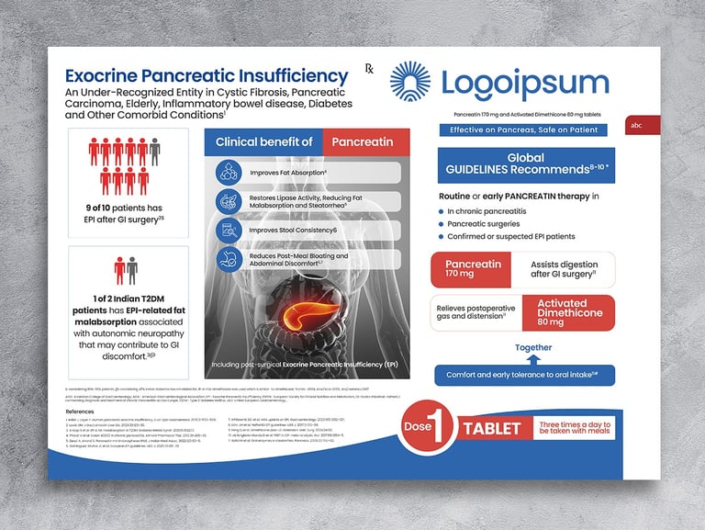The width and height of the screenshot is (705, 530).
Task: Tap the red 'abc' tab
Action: point(635,126)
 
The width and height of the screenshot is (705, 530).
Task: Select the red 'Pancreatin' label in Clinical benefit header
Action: point(362,141)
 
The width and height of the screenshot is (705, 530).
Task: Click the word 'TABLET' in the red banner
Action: point(492,428)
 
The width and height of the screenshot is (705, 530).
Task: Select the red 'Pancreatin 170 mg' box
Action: point(473,269)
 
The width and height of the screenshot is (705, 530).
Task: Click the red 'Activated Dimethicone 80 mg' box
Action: point(562,312)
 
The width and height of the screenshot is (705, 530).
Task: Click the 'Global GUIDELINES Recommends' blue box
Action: point(525,164)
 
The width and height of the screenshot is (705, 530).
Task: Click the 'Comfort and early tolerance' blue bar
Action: point(524,376)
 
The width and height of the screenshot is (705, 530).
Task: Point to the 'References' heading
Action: point(87,412)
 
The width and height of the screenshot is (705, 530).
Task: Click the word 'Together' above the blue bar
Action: point(533,347)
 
